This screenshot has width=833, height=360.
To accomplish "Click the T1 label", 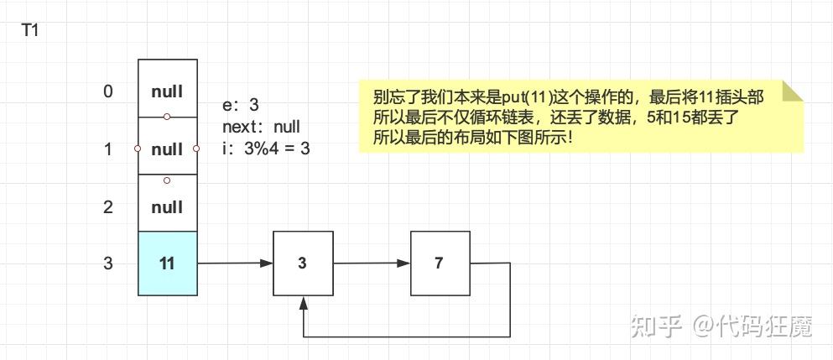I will (x=29, y=31).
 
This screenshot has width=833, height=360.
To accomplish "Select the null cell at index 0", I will (x=167, y=91).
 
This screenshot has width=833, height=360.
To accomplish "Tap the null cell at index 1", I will (x=167, y=149).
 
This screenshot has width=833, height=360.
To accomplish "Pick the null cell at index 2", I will (x=167, y=206).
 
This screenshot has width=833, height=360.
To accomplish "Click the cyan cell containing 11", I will (x=167, y=263).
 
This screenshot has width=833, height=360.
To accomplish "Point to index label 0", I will (x=107, y=91).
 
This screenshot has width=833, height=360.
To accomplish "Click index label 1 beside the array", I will (x=107, y=149).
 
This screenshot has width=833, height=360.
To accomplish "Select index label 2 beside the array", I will (x=107, y=206).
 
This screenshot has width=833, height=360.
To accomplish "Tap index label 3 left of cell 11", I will (x=107, y=263).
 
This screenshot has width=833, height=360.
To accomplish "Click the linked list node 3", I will (x=303, y=263).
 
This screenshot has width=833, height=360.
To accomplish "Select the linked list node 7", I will (x=440, y=263).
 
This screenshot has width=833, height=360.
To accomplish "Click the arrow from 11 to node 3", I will (x=235, y=263).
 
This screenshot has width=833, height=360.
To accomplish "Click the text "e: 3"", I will (x=241, y=106).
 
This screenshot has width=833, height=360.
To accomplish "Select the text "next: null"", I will (x=261, y=128).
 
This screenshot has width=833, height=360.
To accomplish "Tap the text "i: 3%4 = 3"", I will (x=266, y=149).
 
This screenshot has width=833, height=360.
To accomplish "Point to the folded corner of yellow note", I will (x=792, y=91).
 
